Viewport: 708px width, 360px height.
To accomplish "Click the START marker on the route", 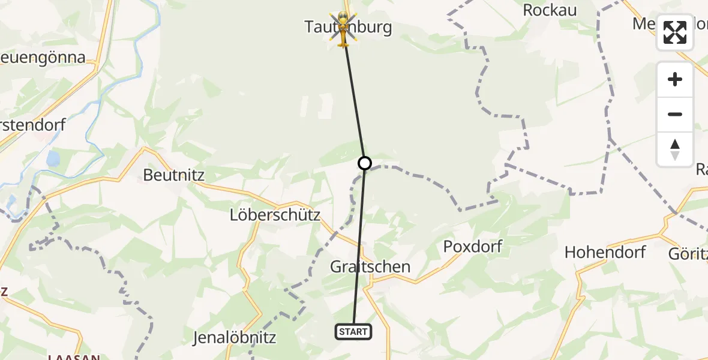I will pyautogui.click(x=353, y=332).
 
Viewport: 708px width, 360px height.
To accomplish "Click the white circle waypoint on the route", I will pyautogui.click(x=364, y=163).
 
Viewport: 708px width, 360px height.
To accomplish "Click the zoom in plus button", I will pyautogui.click(x=675, y=80).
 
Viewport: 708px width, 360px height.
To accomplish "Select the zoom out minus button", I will pyautogui.click(x=675, y=115).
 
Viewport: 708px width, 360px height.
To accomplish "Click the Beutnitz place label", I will pyautogui.click(x=174, y=175).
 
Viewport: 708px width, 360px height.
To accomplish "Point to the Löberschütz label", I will pyautogui.click(x=275, y=215).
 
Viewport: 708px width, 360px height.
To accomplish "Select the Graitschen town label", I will pyautogui.click(x=370, y=267).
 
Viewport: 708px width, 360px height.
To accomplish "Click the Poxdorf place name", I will pyautogui.click(x=472, y=246).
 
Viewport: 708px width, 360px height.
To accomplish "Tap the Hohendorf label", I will pyautogui.click(x=605, y=252).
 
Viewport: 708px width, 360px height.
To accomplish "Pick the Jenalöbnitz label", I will pyautogui.click(x=234, y=338).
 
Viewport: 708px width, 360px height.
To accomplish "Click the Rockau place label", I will pyautogui.click(x=550, y=10).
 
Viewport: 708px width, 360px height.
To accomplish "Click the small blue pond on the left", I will pyautogui.click(x=53, y=159).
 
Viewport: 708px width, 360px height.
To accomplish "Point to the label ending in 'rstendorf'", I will pyautogui.click(x=33, y=126).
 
